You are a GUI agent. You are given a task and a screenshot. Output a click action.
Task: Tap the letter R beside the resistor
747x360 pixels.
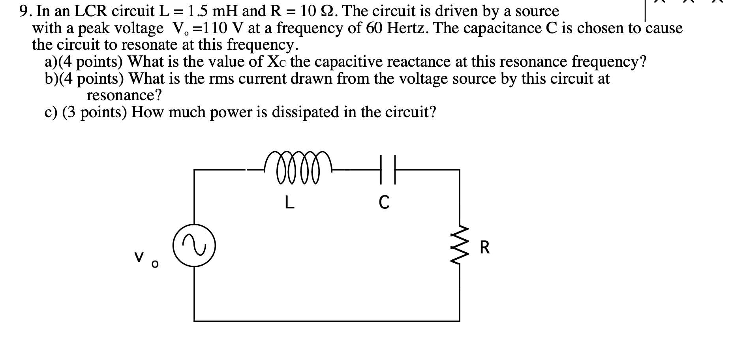point(485,248)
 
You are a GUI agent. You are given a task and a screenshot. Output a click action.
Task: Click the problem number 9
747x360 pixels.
point(25,11)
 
